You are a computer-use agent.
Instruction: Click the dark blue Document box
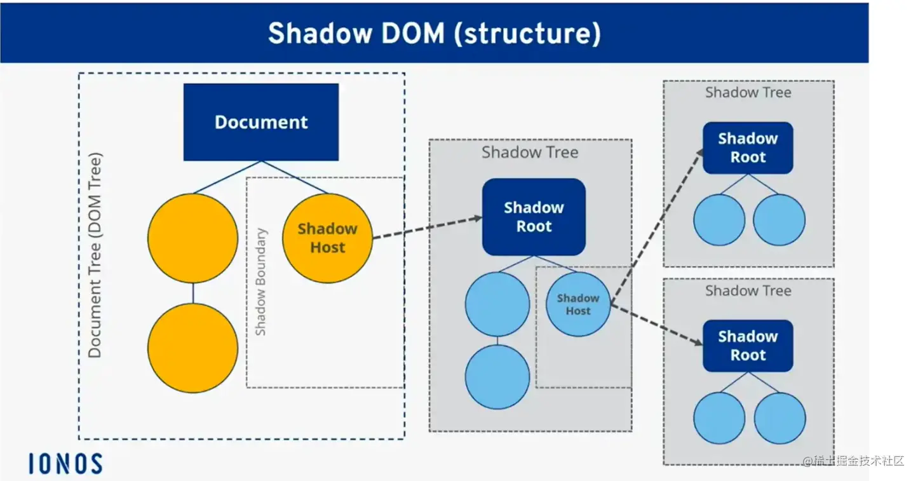pos(261,122)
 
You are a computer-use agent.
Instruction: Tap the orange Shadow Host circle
pos(327,238)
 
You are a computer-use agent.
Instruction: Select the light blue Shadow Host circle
pos(578,304)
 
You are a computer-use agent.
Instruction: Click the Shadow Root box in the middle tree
pos(534,217)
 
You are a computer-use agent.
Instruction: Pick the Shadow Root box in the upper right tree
pos(748,148)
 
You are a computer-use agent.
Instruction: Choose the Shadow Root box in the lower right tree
pos(748,346)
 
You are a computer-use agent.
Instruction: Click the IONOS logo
pos(65,464)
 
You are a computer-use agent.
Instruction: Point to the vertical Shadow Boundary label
pos(260,282)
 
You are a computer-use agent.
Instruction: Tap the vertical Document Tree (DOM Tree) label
pos(95,255)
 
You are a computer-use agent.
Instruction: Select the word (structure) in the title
pos(527,34)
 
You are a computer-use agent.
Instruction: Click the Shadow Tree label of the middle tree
pos(530,152)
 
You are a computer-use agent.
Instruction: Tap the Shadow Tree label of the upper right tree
pos(748,92)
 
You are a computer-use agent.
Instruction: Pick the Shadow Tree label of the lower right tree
pos(748,290)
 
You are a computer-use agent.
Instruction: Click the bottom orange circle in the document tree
pos(192,348)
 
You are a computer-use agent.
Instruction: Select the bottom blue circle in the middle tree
pos(497,377)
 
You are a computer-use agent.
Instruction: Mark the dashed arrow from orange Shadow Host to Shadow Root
pos(428,227)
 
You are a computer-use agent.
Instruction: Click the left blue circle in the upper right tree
pos(719,220)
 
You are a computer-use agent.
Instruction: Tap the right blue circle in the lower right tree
pos(780,418)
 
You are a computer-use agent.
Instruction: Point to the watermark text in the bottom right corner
pos(853,461)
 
